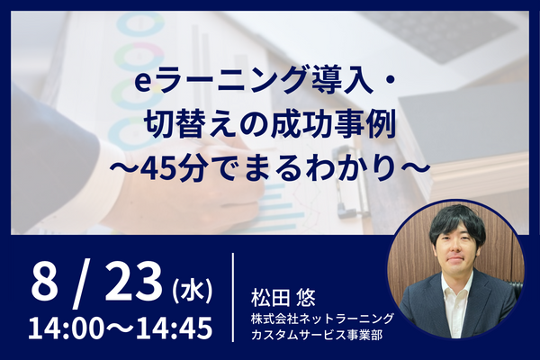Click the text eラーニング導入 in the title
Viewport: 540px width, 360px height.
click(x=254, y=82)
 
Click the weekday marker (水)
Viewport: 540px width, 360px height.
click(x=192, y=292)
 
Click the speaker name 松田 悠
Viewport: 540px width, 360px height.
click(x=283, y=298)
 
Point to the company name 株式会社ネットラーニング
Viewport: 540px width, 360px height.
click(x=322, y=319)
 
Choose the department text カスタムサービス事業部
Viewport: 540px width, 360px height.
click(x=317, y=335)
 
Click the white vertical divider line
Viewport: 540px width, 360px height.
click(x=233, y=297)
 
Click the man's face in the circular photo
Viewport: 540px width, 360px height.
click(x=454, y=247)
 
